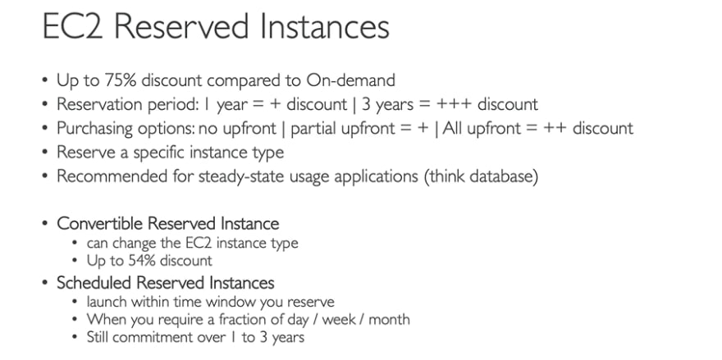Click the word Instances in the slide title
pyautogui.click(x=324, y=26)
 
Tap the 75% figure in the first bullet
pyautogui.click(x=120, y=80)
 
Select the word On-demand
pyautogui.click(x=350, y=80)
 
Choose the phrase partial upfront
pyautogui.click(x=340, y=129)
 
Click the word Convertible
pyautogui.click(x=100, y=224)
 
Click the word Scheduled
pyautogui.click(x=94, y=283)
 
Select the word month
pyautogui.click(x=389, y=320)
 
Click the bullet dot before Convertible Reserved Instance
pyautogui.click(x=44, y=224)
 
